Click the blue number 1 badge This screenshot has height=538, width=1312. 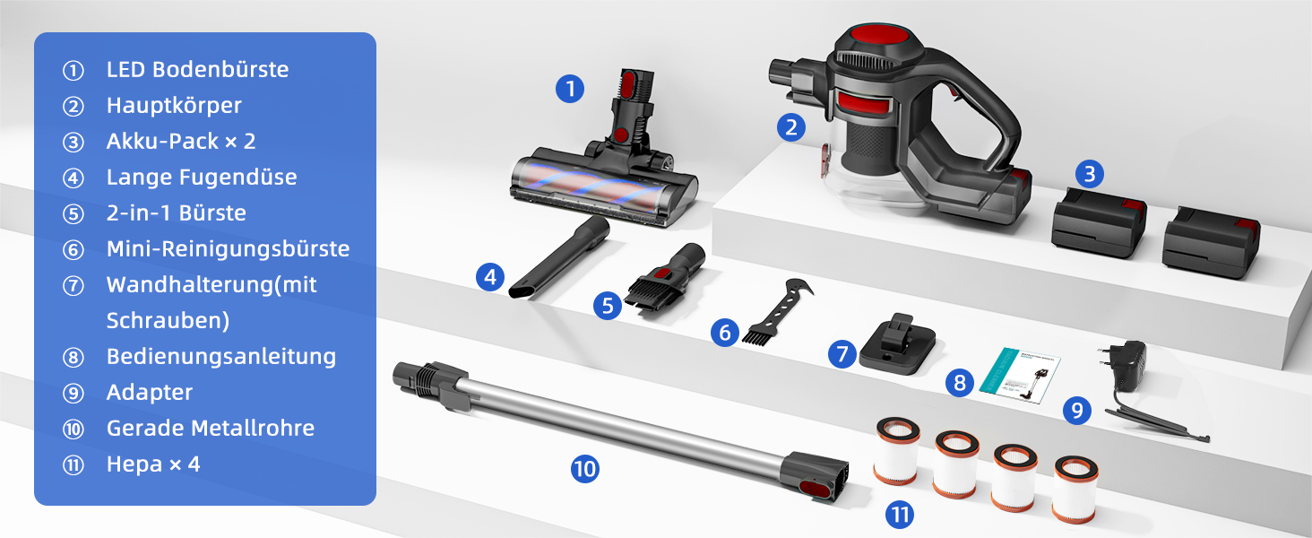coord(570,89)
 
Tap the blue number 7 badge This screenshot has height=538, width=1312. coord(842,354)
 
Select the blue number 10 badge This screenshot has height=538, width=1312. coord(584,469)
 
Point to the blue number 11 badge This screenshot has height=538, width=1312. coord(900,515)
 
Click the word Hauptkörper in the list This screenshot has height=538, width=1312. coord(174,106)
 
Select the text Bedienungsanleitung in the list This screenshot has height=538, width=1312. coord(221,356)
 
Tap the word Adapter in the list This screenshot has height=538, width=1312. coord(150,393)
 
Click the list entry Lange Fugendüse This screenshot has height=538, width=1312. coord(202,177)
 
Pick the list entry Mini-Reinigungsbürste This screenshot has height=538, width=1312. coord(228,249)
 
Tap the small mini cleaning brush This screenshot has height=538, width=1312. coord(776,310)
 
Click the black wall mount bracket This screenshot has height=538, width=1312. coord(897,344)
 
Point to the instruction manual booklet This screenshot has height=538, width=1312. coord(1020,375)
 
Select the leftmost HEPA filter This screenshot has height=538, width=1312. coord(897,450)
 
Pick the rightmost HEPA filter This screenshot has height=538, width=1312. coord(1075,489)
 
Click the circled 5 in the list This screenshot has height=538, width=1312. coord(73,214)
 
